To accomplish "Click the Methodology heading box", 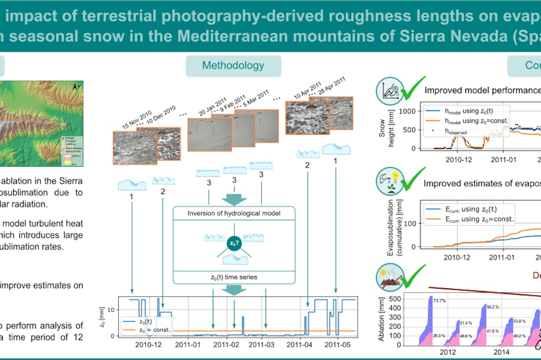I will (233, 66).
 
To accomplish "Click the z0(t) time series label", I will (234, 276).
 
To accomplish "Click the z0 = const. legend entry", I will (150, 330).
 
